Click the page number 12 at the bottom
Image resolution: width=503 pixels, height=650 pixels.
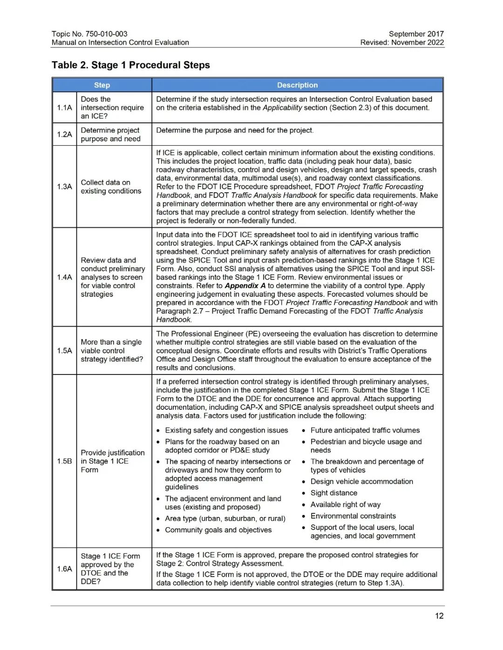[x=439, y=616]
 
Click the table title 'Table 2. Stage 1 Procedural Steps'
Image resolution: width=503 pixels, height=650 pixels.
[x=131, y=65]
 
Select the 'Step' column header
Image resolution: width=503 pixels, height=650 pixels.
[x=102, y=85]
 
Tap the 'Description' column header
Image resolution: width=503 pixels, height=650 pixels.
[x=297, y=85]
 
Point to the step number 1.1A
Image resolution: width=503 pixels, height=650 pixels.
[x=65, y=107]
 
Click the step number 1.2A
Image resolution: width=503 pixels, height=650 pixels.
[x=65, y=134]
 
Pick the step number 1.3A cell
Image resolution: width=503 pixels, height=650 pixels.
[x=65, y=187]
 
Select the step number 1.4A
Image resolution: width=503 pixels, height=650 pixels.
[x=65, y=277]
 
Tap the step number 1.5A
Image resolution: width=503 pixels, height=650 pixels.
[x=65, y=351]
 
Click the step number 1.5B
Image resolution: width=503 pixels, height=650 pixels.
[x=65, y=461]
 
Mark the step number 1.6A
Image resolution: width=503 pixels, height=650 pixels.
[x=65, y=569]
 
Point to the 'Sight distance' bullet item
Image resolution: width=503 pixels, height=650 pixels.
[x=334, y=493]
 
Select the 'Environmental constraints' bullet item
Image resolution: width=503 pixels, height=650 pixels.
[x=353, y=516]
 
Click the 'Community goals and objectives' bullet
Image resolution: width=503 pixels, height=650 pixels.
[x=218, y=530]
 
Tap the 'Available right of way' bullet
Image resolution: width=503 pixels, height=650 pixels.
[x=346, y=505]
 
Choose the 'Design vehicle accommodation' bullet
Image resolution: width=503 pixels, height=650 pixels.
[x=361, y=482]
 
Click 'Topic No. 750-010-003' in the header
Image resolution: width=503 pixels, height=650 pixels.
[x=89, y=34]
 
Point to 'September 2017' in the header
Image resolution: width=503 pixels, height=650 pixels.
[x=416, y=34]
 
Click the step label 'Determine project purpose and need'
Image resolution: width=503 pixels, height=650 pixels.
[x=110, y=134]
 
